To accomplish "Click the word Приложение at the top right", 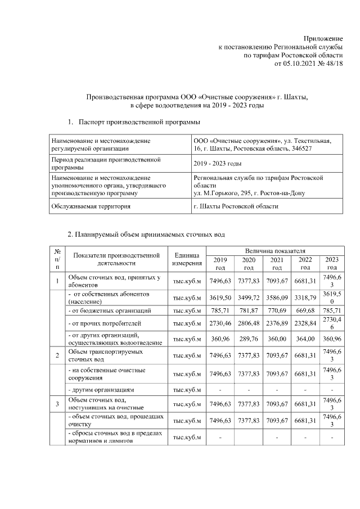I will point(325,37).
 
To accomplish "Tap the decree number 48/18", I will point(334,64).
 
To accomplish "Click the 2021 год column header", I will point(277,263).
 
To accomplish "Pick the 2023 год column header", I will point(332,263).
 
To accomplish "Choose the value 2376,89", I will point(277,323).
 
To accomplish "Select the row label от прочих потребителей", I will point(101,323).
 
